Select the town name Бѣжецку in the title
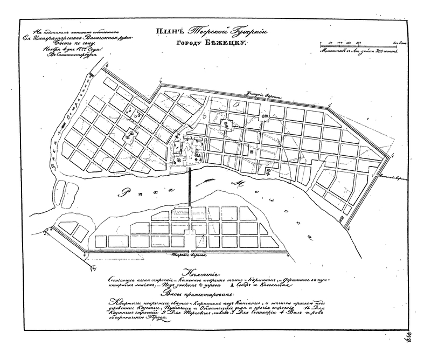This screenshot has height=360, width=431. tap(226, 46)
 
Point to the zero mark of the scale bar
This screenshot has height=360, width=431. tap(319, 41)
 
